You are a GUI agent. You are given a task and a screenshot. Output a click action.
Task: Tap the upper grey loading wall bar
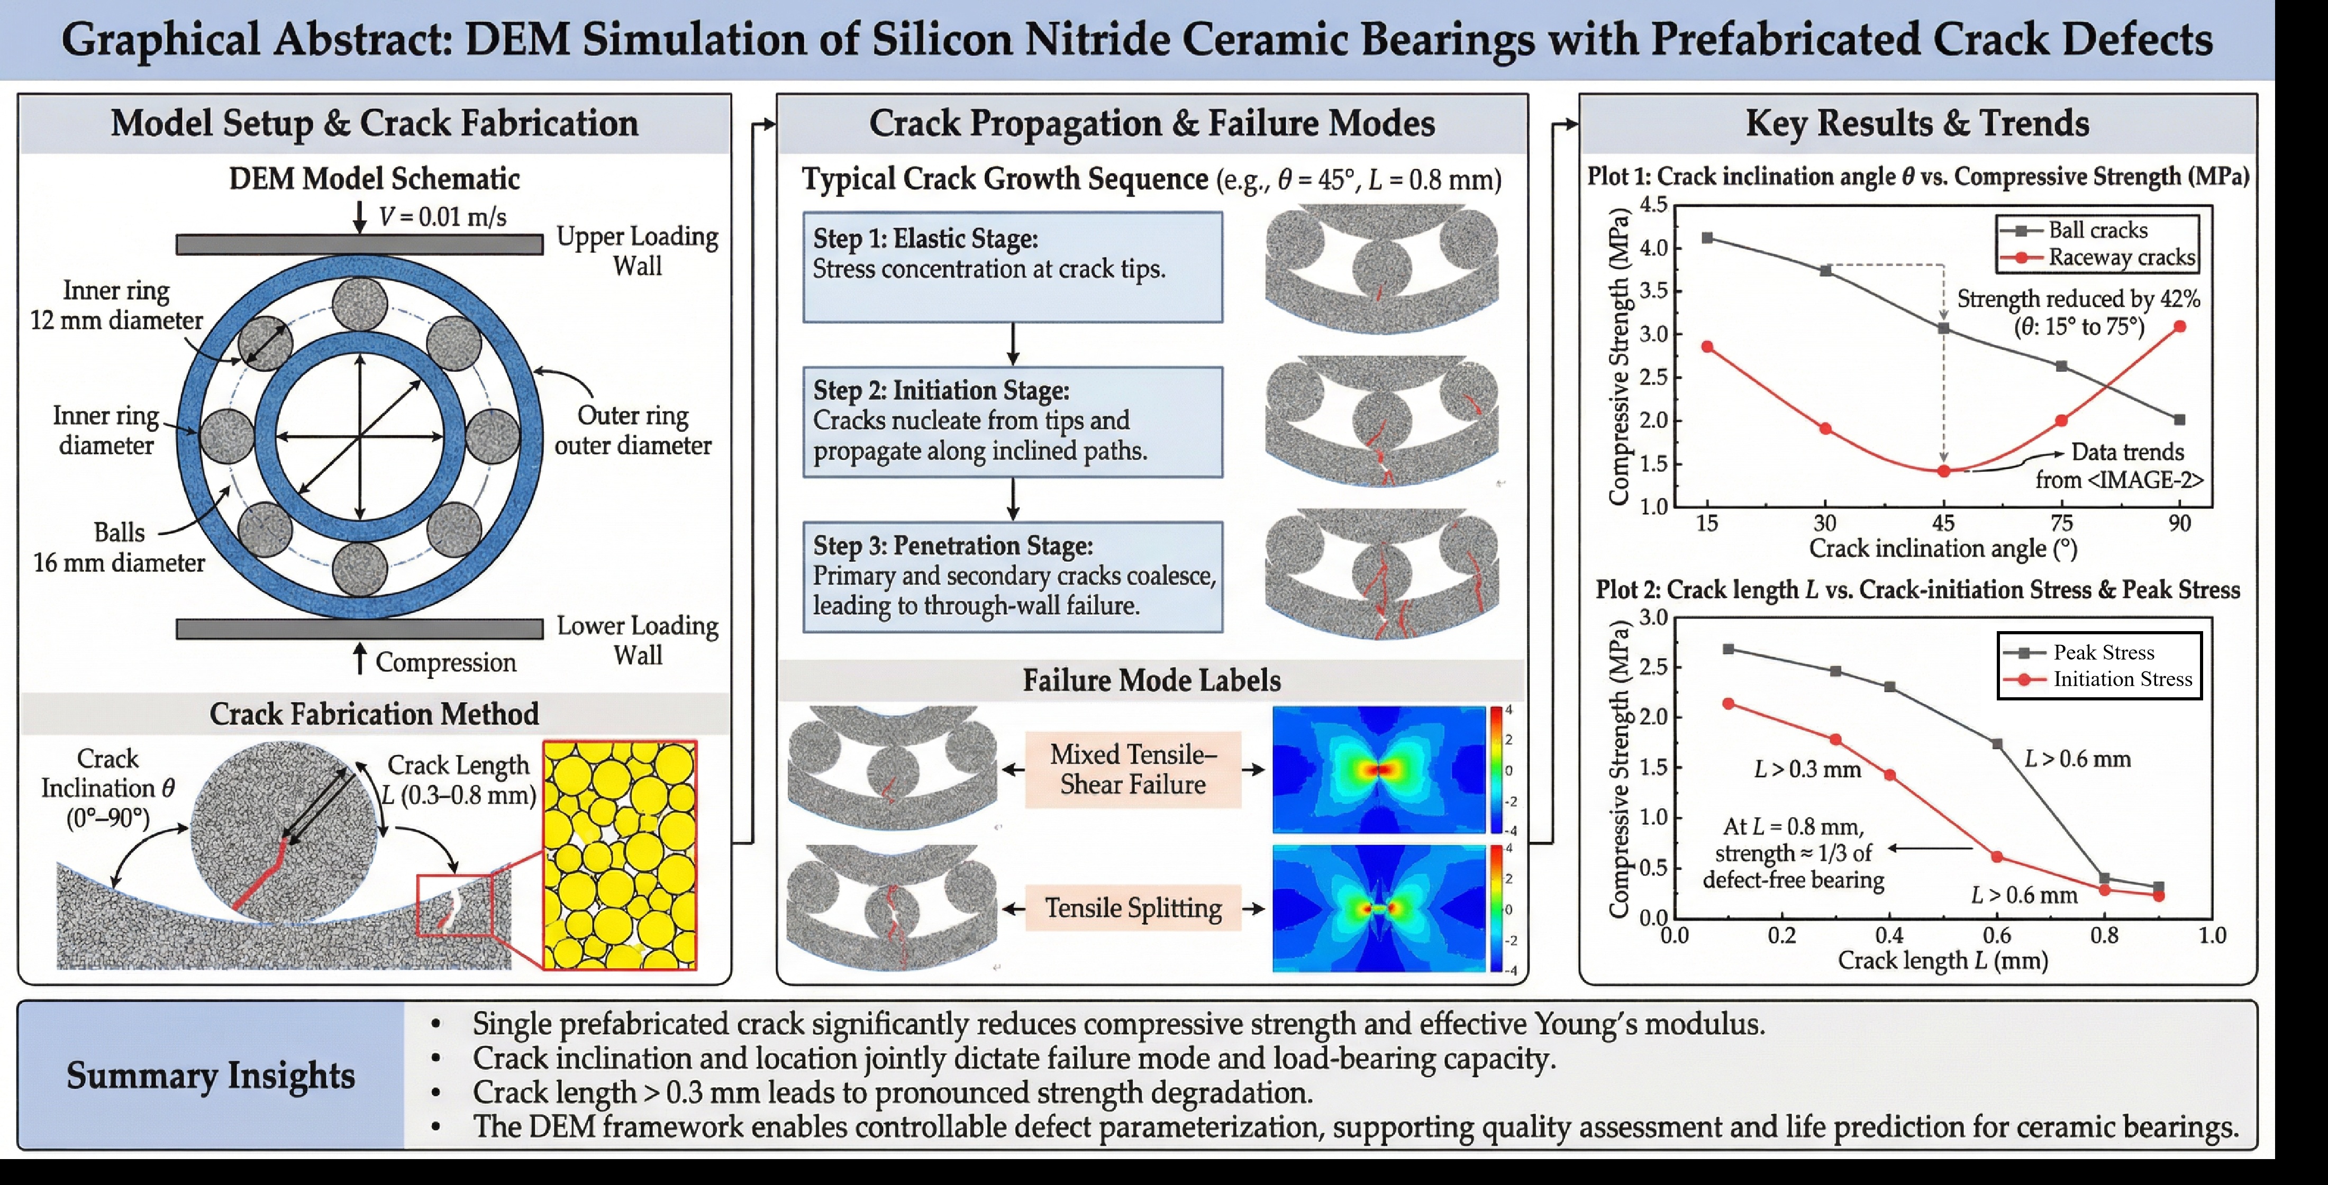point(360,244)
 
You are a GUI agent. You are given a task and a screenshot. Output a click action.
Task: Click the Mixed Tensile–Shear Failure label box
point(1133,769)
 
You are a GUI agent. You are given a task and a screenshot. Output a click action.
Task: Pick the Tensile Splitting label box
point(1133,907)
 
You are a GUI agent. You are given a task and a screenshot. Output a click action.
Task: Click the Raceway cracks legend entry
point(2098,258)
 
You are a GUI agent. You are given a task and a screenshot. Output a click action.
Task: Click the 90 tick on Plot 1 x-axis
point(2179,523)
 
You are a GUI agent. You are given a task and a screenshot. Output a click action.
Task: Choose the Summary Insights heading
point(211,1075)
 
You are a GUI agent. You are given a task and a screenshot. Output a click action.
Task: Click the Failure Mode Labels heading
point(1151,680)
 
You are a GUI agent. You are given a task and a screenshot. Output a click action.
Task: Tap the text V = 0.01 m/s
point(442,217)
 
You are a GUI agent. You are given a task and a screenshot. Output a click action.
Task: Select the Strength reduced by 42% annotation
point(2078,312)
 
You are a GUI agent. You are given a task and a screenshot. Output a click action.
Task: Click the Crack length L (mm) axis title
point(1942,960)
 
